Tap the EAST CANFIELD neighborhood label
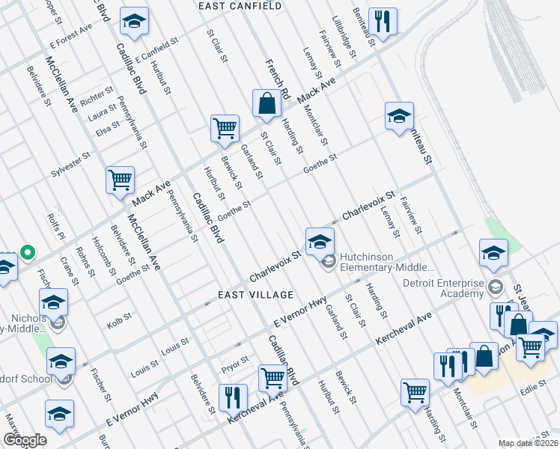[x=240, y=6]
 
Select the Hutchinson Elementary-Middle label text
[x=386, y=262]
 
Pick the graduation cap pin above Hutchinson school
[x=319, y=241]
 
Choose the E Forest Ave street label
[x=70, y=35]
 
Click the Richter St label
[x=96, y=97]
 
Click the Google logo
[x=25, y=439]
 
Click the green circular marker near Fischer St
[x=28, y=252]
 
